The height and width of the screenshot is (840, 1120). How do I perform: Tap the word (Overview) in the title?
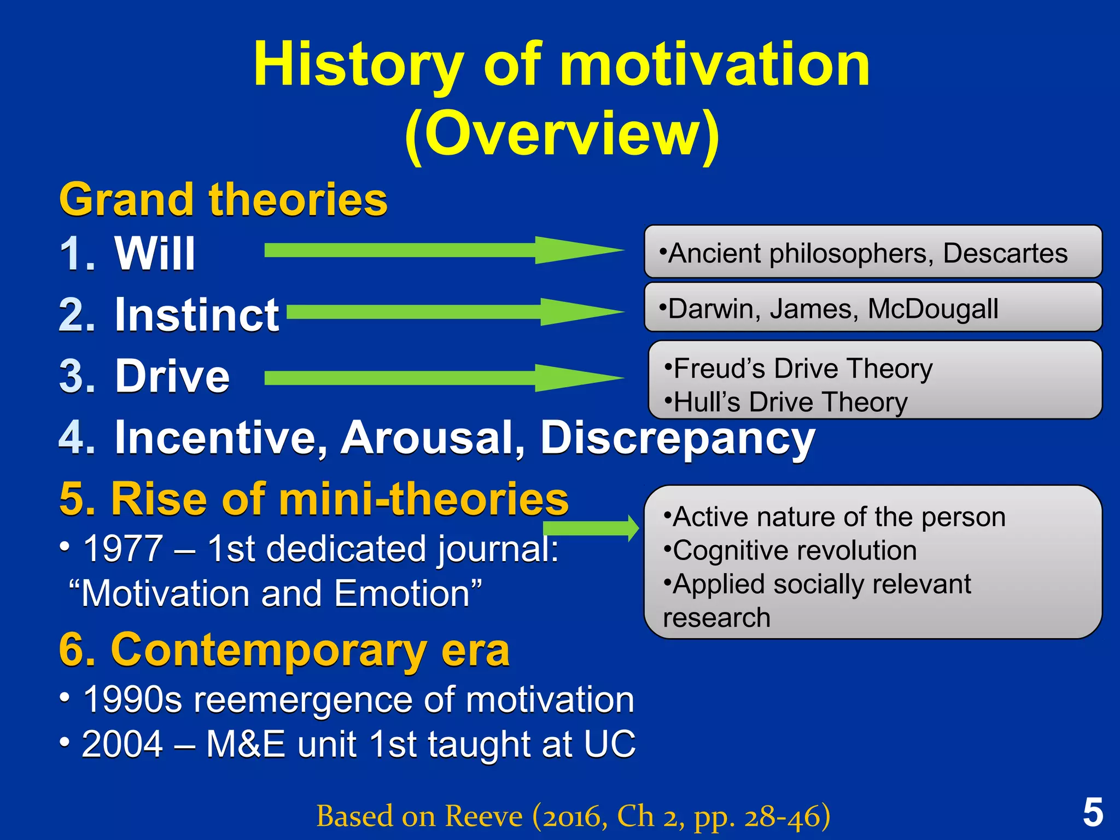tap(562, 134)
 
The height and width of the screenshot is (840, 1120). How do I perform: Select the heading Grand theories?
tap(223, 200)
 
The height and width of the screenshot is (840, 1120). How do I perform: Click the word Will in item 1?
tap(155, 254)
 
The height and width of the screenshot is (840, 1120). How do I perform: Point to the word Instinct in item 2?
tap(197, 315)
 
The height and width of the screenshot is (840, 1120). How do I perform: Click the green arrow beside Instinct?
tap(454, 312)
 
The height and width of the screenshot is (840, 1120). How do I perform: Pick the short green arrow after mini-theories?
tap(591, 528)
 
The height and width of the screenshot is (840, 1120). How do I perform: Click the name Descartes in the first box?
tap(1005, 253)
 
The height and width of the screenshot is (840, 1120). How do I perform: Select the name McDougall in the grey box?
tap(933, 308)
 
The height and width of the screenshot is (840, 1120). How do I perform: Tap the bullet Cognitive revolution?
tap(790, 550)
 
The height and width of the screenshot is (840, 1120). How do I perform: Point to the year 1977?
tap(123, 549)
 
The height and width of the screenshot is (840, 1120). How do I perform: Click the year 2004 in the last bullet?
tap(122, 744)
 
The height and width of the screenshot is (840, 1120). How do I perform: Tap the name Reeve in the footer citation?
tap(483, 816)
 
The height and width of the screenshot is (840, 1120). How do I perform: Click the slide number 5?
tap(1093, 813)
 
